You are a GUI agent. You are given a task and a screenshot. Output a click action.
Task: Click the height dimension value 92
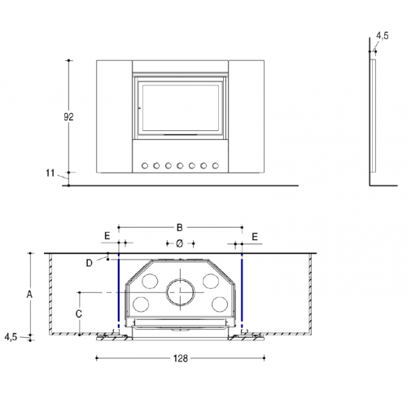point(69,117)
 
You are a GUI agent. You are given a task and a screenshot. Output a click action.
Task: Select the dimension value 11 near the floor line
point(50,173)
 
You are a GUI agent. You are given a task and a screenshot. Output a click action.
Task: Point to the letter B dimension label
point(181,227)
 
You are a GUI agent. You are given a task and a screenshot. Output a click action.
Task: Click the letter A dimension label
point(28,293)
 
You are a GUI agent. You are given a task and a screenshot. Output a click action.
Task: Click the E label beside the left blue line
point(107,235)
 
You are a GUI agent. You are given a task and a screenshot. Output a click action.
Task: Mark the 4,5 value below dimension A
point(11,336)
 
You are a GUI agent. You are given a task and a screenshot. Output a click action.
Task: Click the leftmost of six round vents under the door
point(146,165)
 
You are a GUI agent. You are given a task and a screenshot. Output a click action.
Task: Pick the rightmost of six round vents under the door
point(216,165)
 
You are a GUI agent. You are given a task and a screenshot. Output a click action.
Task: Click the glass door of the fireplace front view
point(181,106)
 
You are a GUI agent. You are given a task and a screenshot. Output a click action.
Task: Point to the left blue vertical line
point(120,293)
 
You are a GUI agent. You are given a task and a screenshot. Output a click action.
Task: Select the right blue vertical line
point(243,293)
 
